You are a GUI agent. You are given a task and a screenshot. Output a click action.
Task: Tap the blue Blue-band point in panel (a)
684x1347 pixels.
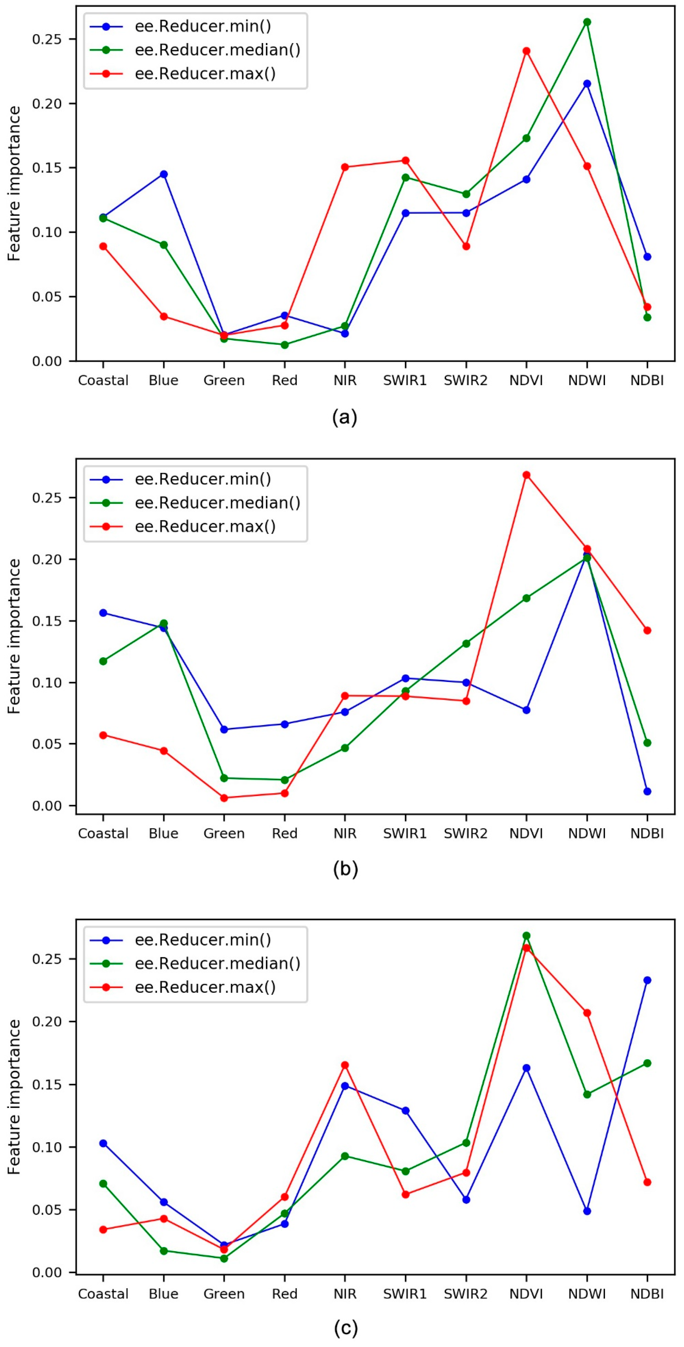point(163,174)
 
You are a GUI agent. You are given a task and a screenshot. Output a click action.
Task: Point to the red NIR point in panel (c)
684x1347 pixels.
point(345,1065)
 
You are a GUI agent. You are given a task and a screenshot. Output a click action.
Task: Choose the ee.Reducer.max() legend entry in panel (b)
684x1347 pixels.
point(205,526)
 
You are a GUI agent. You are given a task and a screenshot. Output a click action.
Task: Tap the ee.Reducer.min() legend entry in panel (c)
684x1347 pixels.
point(203,940)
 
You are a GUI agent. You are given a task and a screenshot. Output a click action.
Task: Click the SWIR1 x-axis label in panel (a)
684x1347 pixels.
point(405,380)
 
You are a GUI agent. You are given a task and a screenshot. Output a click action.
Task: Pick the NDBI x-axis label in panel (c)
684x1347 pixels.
point(647,1294)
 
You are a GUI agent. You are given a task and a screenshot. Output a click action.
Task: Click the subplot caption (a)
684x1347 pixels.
point(345,417)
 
